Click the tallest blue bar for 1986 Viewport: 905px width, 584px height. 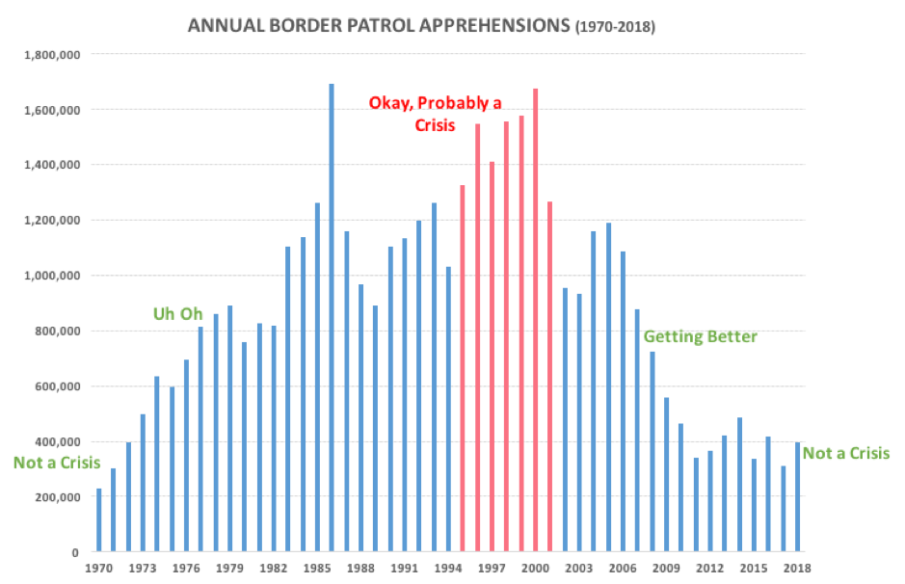click(x=332, y=318)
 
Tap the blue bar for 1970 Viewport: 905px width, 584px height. click(x=98, y=520)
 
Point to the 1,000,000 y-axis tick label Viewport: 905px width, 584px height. click(x=54, y=276)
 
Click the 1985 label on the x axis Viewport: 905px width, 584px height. click(x=317, y=569)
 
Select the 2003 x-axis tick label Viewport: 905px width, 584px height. click(x=579, y=569)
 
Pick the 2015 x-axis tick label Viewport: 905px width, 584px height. click(x=754, y=569)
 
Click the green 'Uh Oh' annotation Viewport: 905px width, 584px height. click(x=179, y=314)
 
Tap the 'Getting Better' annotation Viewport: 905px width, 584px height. click(x=700, y=336)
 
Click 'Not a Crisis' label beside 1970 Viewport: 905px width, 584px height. click(x=57, y=463)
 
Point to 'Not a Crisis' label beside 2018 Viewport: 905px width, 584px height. click(x=846, y=453)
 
